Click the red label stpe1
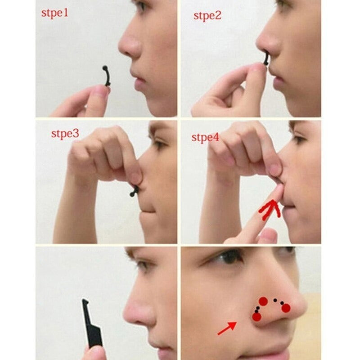[x=55, y=13]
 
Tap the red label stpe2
[x=207, y=16]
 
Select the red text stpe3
[x=65, y=134]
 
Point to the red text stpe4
[x=206, y=138]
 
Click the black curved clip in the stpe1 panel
[x=106, y=76]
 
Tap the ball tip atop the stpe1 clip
[x=105, y=68]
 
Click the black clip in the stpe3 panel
[x=134, y=190]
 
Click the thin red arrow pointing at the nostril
[x=227, y=328]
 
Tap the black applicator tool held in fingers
[x=92, y=323]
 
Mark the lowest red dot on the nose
[x=256, y=317]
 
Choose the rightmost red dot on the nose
[x=286, y=308]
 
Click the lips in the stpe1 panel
[x=138, y=80]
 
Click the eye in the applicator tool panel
[x=142, y=264]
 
